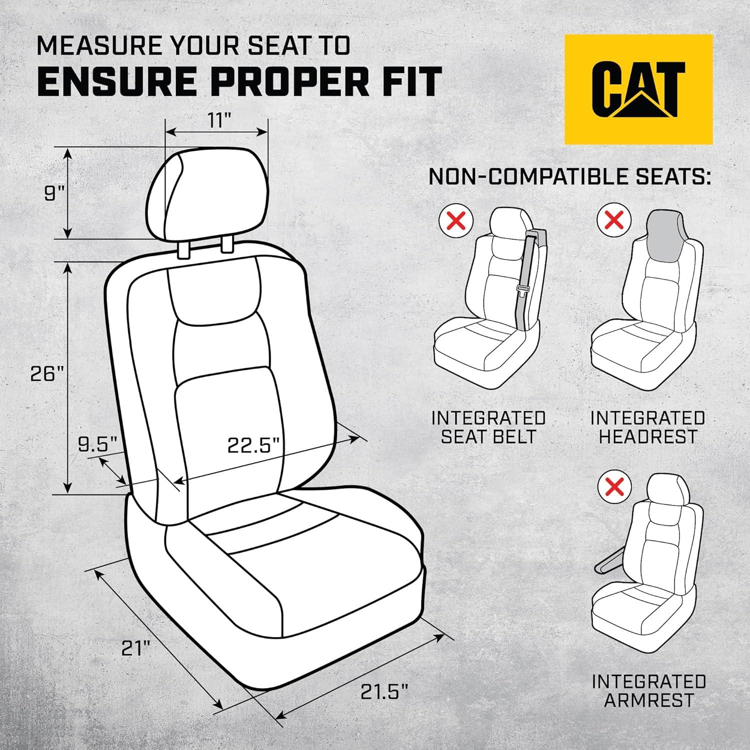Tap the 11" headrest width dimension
coord(216,121)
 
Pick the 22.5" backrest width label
coord(252,444)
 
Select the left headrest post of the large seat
coord(183,250)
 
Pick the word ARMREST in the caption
coord(648,700)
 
